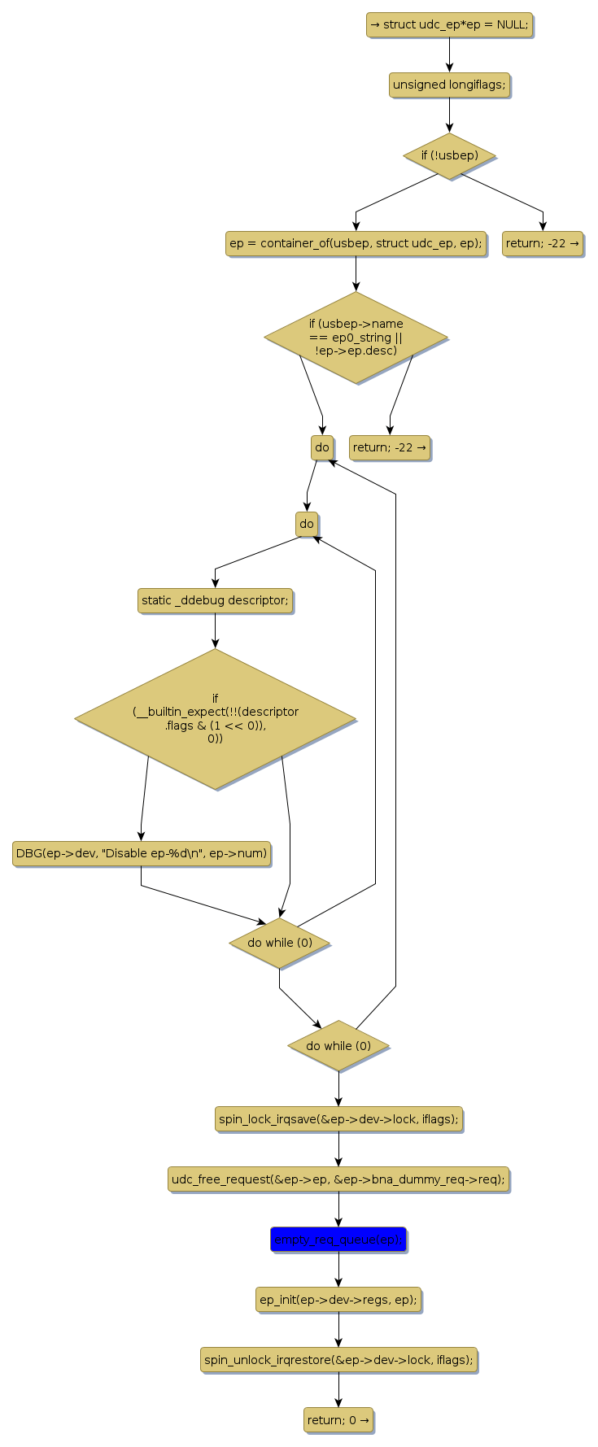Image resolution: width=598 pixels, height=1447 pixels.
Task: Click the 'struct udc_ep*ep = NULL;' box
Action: pos(449,24)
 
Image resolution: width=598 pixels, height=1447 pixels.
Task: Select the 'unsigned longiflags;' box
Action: pos(449,85)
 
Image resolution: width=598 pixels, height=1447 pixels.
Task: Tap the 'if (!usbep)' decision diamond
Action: pos(449,155)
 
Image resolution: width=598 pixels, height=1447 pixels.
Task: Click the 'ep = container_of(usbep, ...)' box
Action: pos(356,243)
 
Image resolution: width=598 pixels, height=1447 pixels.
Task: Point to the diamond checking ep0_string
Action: pos(356,337)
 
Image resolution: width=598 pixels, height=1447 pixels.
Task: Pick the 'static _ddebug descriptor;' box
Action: pos(215,600)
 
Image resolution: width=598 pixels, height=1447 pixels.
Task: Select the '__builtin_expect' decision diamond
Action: pos(215,718)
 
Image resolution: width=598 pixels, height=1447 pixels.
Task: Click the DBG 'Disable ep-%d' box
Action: pos(141,853)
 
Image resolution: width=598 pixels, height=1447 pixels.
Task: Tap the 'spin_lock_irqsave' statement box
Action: pos(338,1119)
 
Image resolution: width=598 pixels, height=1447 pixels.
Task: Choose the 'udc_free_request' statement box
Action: pos(338,1179)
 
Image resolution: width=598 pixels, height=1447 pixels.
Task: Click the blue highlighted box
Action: pos(338,1240)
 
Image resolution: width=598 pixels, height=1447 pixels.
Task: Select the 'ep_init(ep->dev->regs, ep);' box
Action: pos(338,1300)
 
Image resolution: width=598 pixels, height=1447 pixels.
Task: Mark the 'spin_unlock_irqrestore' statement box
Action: pos(338,1360)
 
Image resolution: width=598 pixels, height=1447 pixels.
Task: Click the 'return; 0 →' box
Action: pos(338,1420)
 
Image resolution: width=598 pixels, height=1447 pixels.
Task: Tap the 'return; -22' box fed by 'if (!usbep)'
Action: pos(543,243)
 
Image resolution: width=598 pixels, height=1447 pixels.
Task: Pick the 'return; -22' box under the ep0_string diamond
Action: pos(390,447)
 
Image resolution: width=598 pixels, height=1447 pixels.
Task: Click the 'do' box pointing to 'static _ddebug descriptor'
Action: pos(307,524)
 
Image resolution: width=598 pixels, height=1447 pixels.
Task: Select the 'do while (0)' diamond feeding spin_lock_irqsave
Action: pos(338,1046)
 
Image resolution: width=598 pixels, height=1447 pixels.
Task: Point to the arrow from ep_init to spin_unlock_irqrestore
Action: pos(338,1330)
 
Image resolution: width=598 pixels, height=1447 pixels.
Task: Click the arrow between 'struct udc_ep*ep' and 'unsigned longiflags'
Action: pos(449,54)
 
